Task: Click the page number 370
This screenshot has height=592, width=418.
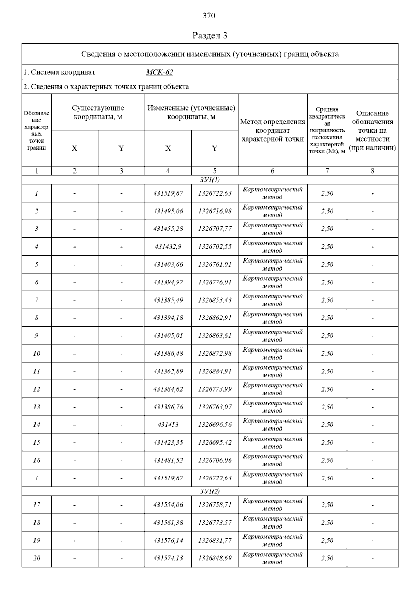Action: click(x=209, y=16)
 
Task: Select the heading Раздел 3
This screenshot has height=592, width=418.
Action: click(x=210, y=36)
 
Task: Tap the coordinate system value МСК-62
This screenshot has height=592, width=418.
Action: click(x=160, y=73)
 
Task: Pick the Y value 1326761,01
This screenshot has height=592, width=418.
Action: click(x=215, y=264)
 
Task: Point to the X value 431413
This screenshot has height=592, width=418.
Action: click(x=168, y=425)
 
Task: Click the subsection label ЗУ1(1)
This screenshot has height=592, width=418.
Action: click(x=210, y=180)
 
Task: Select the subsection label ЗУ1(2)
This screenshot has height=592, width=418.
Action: click(x=210, y=491)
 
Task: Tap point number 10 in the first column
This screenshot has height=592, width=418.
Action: click(x=37, y=354)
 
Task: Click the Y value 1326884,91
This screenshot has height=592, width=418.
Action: click(x=215, y=371)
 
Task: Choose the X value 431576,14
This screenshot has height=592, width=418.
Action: click(x=168, y=540)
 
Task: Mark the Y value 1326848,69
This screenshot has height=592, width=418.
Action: click(x=215, y=558)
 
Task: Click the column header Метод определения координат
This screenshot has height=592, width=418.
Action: click(x=272, y=130)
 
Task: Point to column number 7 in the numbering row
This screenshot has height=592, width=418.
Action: click(x=327, y=171)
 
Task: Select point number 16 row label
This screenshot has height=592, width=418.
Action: click(x=37, y=460)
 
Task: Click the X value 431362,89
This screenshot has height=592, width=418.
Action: click(x=168, y=371)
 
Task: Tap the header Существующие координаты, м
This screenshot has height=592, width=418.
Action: click(x=98, y=112)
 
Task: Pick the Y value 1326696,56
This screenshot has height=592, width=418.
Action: click(x=215, y=425)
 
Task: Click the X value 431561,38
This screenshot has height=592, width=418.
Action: click(x=168, y=523)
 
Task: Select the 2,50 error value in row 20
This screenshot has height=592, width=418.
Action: click(x=327, y=558)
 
